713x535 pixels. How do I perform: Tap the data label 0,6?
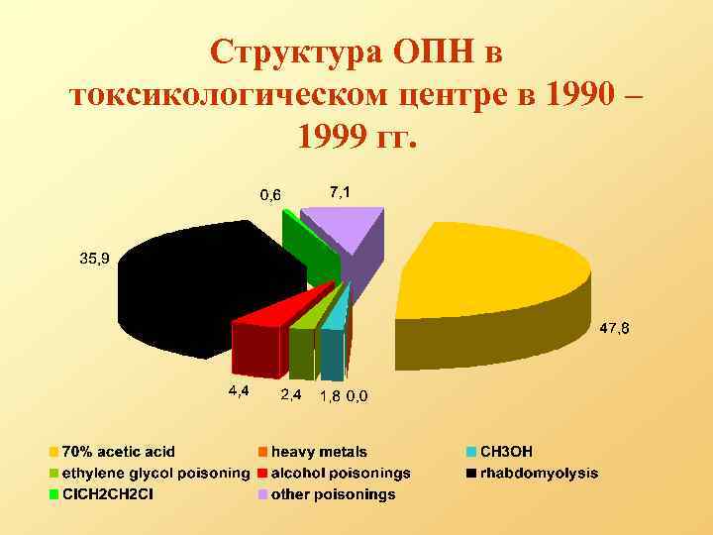[269, 194]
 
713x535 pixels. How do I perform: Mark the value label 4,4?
[239, 391]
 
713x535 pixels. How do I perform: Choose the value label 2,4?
[291, 395]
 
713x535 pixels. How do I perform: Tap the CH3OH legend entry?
[506, 452]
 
